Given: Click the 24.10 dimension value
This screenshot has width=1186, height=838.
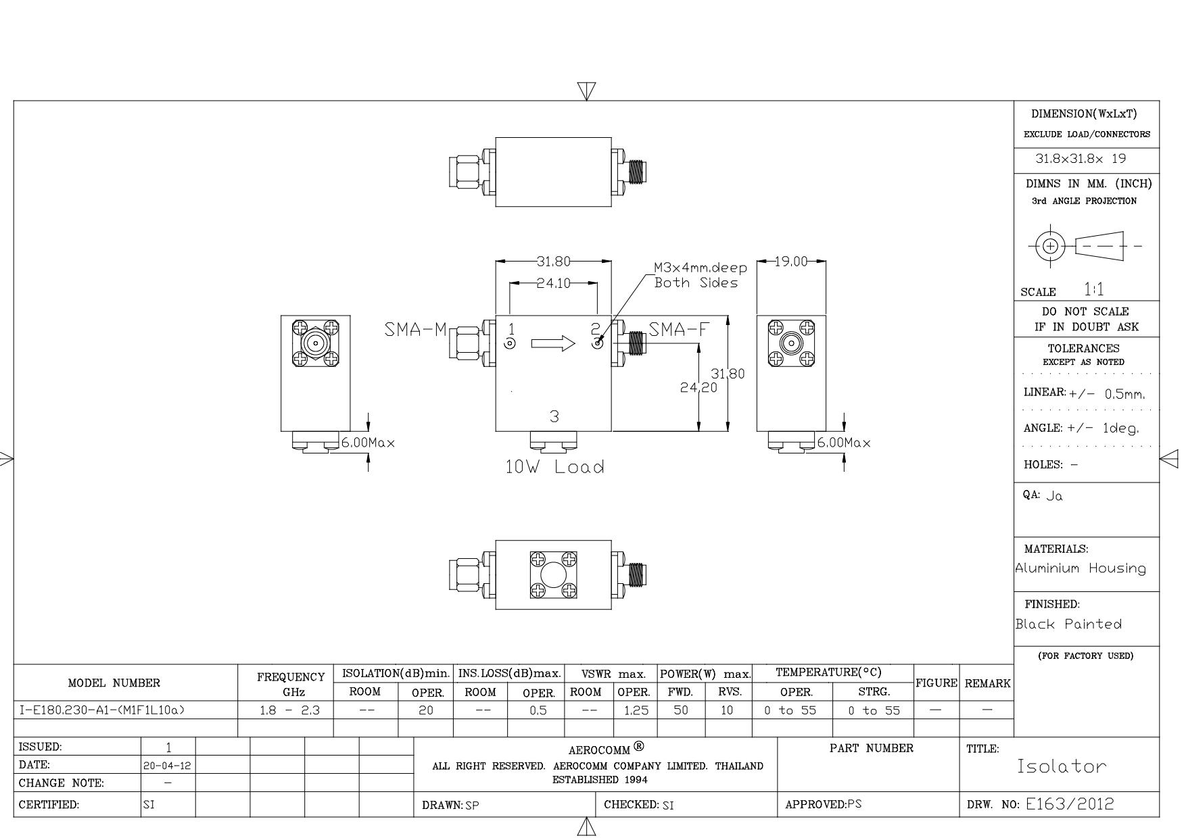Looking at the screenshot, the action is pos(553,283).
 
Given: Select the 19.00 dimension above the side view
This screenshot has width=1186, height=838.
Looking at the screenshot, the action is pos(791,262).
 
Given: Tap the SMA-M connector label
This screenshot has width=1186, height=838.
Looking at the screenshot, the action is pos(416,330).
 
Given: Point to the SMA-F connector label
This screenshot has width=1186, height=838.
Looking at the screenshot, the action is pos(680,329).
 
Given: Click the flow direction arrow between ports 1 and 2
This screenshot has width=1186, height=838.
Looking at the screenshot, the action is pos(553,344).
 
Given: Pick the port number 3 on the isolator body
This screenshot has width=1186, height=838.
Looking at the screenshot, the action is pos(554,416).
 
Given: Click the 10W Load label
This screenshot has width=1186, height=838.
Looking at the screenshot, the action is pos(555,467).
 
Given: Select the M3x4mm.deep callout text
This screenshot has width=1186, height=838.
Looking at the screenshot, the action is pos(701,268).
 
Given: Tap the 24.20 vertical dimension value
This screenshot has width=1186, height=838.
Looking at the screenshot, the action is pos(698,387).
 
